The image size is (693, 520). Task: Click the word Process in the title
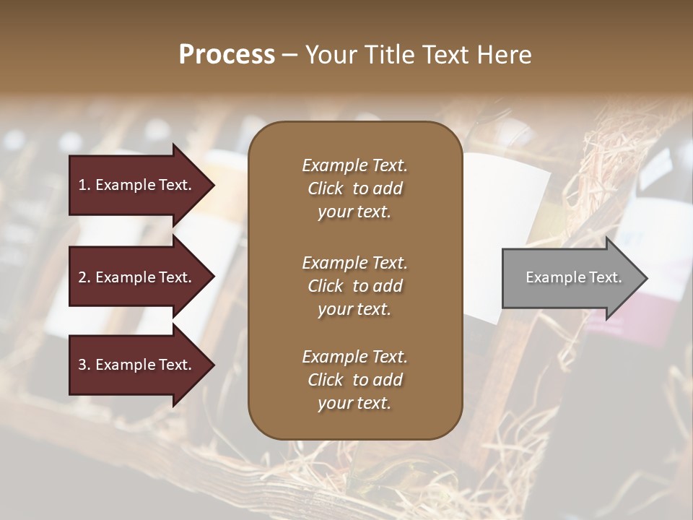pos(227,54)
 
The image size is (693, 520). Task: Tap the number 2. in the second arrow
pos(84,277)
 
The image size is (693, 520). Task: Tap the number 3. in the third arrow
pos(84,365)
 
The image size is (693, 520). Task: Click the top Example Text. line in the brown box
pos(354,165)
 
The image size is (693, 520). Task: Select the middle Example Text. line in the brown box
pos(354,263)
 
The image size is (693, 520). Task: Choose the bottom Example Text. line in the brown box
pos(354,357)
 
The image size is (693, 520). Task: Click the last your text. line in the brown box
pos(354,403)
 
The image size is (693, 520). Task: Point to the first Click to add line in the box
pos(354,188)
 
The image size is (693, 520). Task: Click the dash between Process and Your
pos(290,55)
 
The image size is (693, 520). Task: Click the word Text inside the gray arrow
pos(605,277)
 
